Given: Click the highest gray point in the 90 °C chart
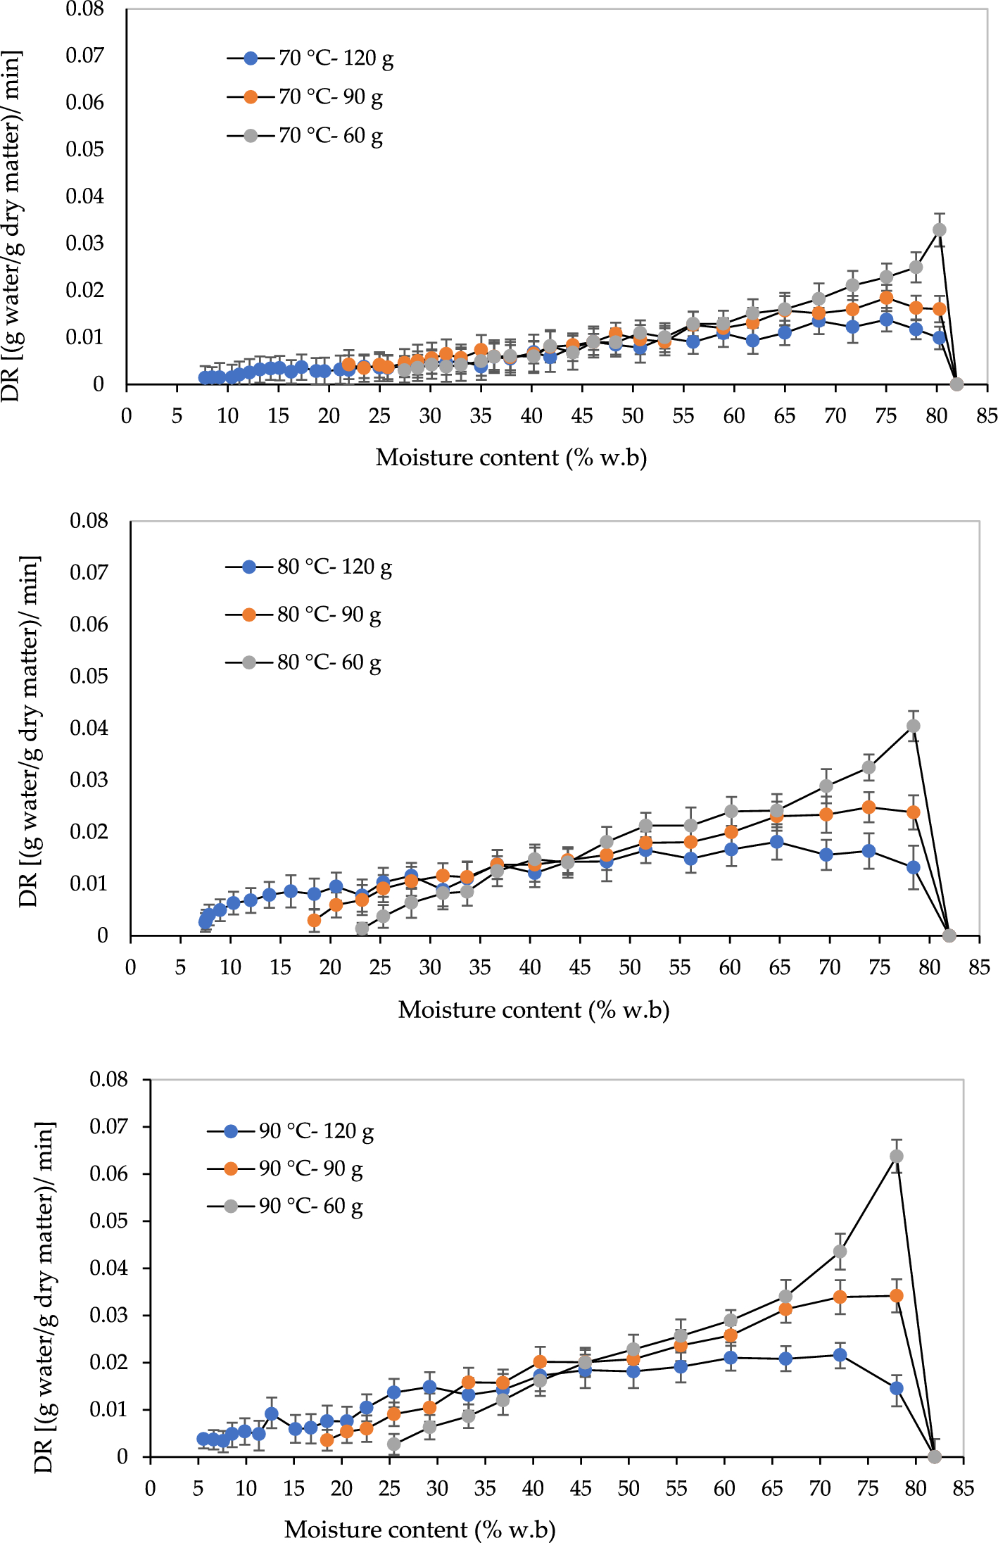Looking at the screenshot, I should click(x=896, y=1156).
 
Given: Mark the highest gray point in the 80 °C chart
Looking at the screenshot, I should click(x=913, y=726).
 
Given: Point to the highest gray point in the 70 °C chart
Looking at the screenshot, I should click(x=939, y=229).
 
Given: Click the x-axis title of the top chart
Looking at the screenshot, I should click(x=511, y=458).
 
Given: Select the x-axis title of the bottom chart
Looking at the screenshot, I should click(x=419, y=1529).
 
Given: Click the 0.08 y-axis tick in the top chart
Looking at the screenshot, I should click(x=84, y=9).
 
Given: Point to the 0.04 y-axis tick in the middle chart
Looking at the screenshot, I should click(x=89, y=728).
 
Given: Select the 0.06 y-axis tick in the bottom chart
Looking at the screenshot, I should click(x=108, y=1173).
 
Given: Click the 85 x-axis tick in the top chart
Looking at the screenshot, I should click(x=987, y=416).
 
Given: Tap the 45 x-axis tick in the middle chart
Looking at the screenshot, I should click(x=579, y=967).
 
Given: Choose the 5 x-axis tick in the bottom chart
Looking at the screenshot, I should click(x=198, y=1488).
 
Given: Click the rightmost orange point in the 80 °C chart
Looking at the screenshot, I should click(x=913, y=812).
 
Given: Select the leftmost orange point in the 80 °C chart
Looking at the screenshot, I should click(x=314, y=920).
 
